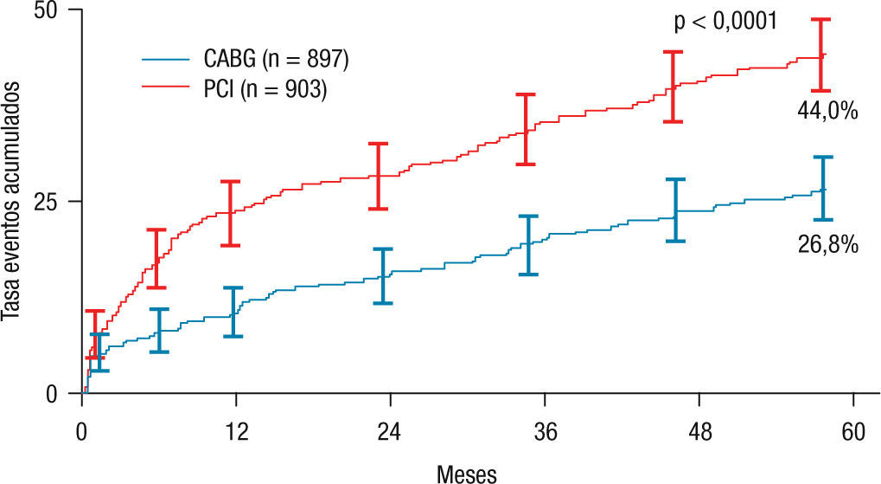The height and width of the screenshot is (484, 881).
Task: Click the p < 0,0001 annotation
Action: (725, 22)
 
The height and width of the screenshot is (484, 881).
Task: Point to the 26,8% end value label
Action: (827, 245)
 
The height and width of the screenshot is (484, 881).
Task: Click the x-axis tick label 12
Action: (236, 430)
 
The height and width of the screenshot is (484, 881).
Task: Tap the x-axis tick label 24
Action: (391, 430)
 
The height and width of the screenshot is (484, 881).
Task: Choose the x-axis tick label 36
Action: (545, 430)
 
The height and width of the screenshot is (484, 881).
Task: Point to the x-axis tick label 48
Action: (699, 430)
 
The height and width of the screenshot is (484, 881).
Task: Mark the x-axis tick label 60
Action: (853, 430)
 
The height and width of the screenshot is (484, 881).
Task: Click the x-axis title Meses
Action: (467, 472)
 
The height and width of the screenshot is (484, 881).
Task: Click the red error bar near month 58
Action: (820, 55)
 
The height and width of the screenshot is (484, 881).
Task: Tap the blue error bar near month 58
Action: (822, 188)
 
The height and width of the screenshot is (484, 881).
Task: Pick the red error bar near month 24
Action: (378, 176)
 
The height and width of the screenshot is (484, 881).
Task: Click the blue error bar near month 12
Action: (233, 312)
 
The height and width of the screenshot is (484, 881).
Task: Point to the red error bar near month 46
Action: (673, 87)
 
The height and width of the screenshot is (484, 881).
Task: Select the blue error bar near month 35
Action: (527, 245)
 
